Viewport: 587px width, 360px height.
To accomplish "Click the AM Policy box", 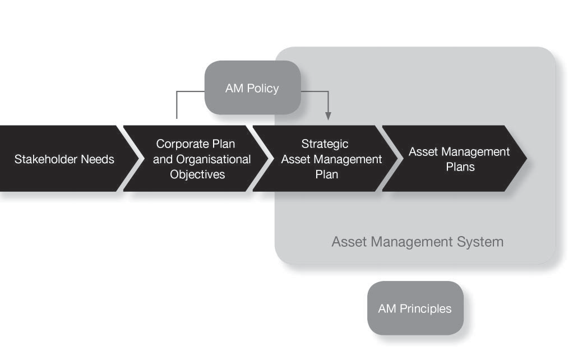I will [x=252, y=87].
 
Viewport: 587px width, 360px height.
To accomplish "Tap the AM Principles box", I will [x=415, y=308].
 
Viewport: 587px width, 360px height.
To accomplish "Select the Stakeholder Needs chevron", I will [x=64, y=159].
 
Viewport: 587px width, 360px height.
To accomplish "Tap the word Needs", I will [x=98, y=159].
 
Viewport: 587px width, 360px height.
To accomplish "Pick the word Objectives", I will [x=197, y=174].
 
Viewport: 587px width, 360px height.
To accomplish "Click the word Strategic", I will [x=325, y=144].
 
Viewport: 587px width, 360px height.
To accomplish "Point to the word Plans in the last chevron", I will [x=460, y=167].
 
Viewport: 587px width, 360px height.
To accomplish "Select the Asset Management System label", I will [x=417, y=242].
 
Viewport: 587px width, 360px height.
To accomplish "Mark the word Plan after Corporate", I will [x=224, y=144].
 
